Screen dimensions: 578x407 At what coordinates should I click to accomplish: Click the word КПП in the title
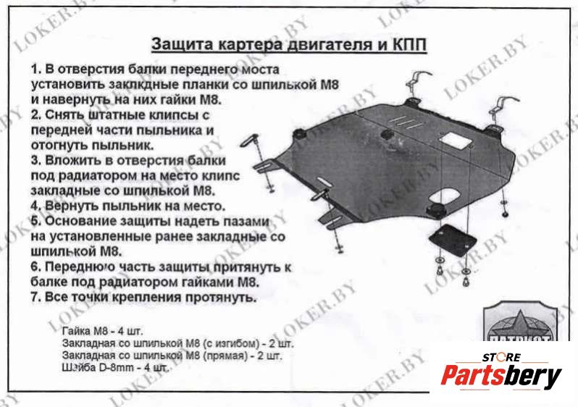(x=409, y=45)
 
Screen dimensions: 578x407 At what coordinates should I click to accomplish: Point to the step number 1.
(x=35, y=70)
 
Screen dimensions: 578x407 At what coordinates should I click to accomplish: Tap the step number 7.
(x=35, y=297)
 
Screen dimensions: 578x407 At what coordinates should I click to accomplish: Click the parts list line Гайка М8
(x=102, y=330)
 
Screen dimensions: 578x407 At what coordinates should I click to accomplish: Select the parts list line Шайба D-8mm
(x=116, y=368)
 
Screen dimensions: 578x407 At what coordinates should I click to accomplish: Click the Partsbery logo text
(x=501, y=376)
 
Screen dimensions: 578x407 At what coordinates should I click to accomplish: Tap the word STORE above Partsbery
(x=502, y=357)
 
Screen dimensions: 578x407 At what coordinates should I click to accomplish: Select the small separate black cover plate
(x=453, y=240)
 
